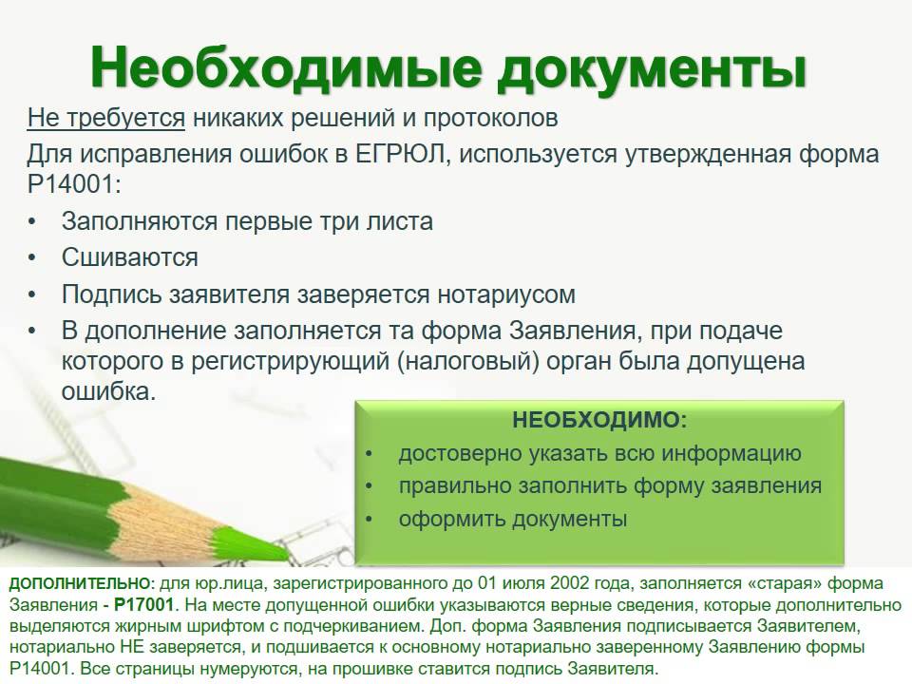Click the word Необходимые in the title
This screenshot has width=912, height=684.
click(286, 68)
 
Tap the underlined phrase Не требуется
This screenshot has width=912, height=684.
click(105, 118)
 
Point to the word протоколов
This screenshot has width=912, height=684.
click(490, 119)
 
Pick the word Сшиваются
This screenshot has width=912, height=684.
click(130, 257)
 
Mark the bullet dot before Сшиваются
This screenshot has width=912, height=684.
click(32, 257)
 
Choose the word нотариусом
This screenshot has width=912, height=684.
click(506, 294)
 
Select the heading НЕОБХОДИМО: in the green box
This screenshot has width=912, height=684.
click(599, 419)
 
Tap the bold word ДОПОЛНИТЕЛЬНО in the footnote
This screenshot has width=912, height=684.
click(80, 583)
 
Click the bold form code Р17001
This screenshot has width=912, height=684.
click(144, 605)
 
